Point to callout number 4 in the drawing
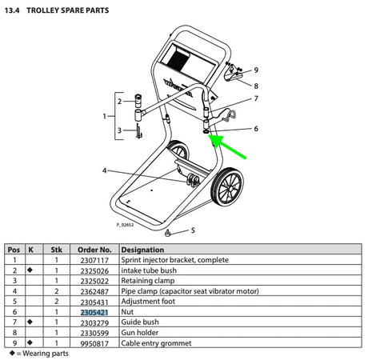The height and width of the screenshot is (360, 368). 105,170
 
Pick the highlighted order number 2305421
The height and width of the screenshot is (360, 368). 95,312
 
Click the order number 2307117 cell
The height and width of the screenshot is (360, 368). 95,260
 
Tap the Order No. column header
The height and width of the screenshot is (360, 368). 95,250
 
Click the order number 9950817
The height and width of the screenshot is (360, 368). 95,343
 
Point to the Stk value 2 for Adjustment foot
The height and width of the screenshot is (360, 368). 56,302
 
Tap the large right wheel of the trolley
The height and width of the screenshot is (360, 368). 227,192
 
